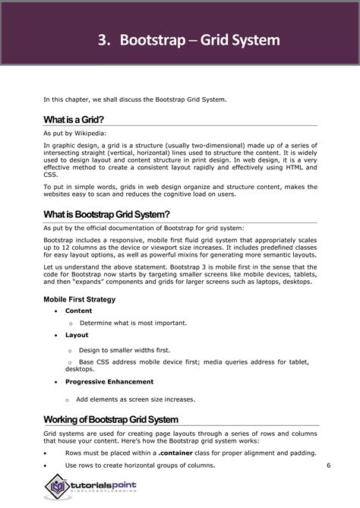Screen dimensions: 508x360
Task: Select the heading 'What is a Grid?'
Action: point(74,119)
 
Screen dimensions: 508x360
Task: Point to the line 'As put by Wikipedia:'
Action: point(73,133)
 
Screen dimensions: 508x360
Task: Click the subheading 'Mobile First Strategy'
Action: point(79,299)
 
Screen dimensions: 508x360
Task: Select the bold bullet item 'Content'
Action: point(78,311)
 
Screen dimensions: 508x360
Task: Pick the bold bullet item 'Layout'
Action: point(76,335)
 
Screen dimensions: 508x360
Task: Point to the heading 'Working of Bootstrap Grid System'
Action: point(111,419)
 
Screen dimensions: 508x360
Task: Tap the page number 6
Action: point(328,465)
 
